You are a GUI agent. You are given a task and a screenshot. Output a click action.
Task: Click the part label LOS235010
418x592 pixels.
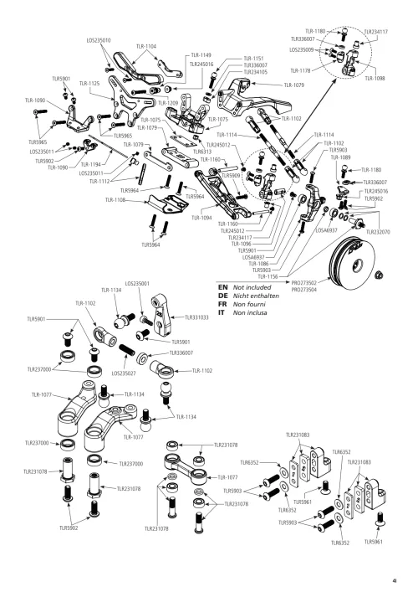(99, 39)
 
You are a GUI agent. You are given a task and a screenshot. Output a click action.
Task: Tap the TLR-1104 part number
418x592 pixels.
(145, 46)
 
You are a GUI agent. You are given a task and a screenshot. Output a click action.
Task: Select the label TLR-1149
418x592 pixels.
(201, 54)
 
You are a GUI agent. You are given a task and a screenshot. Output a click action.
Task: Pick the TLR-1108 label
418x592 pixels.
(116, 201)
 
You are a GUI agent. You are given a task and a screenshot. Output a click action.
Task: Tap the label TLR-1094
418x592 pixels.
(201, 218)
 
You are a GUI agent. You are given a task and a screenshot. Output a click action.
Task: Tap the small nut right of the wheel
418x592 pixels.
(380, 275)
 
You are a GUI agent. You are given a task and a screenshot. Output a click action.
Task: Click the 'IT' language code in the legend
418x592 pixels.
(222, 312)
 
